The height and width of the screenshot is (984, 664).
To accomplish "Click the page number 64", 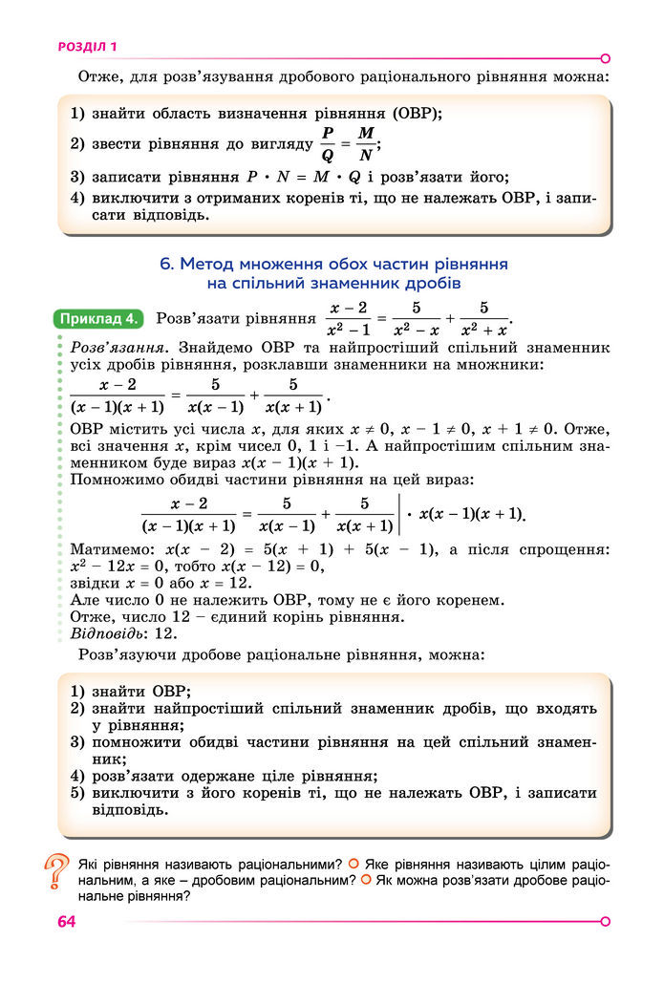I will coord(66,921).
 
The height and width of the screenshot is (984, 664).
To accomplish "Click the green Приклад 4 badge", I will coord(99,318).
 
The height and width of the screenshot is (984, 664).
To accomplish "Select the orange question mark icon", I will coord(57,873).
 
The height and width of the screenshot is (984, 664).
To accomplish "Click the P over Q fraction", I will coord(327,144).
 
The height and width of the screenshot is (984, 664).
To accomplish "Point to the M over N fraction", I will coord(365,144).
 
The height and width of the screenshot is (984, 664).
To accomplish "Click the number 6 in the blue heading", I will coord(165,264).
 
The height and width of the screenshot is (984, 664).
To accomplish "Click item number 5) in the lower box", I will coord(78,792).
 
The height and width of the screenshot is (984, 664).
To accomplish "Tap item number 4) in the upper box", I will coord(78,198).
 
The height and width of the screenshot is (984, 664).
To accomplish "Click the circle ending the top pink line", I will coord(605,57).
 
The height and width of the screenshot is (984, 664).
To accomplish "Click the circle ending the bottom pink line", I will coord(605,921).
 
